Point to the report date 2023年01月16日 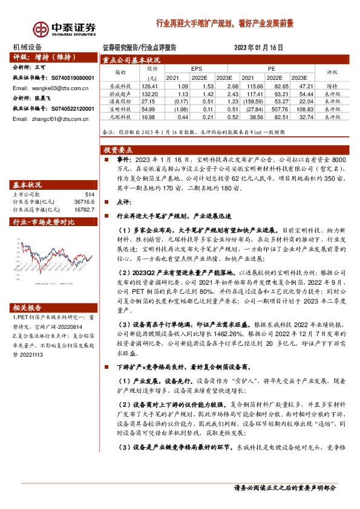[x=258, y=47]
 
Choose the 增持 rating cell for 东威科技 [x=332, y=86]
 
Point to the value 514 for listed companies [x=90, y=195]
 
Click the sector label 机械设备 [x=28, y=47]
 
